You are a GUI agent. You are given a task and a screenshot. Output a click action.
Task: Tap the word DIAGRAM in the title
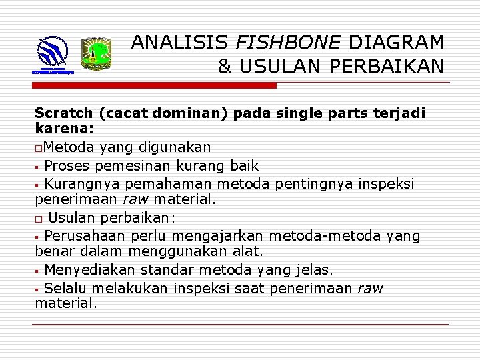(397, 43)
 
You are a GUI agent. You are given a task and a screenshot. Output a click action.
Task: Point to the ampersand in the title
(225, 67)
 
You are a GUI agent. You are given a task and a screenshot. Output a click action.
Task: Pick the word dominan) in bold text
(191, 113)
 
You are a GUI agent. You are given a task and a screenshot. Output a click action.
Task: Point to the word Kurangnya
(77, 183)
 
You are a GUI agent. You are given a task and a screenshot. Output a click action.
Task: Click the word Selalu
(65, 288)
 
